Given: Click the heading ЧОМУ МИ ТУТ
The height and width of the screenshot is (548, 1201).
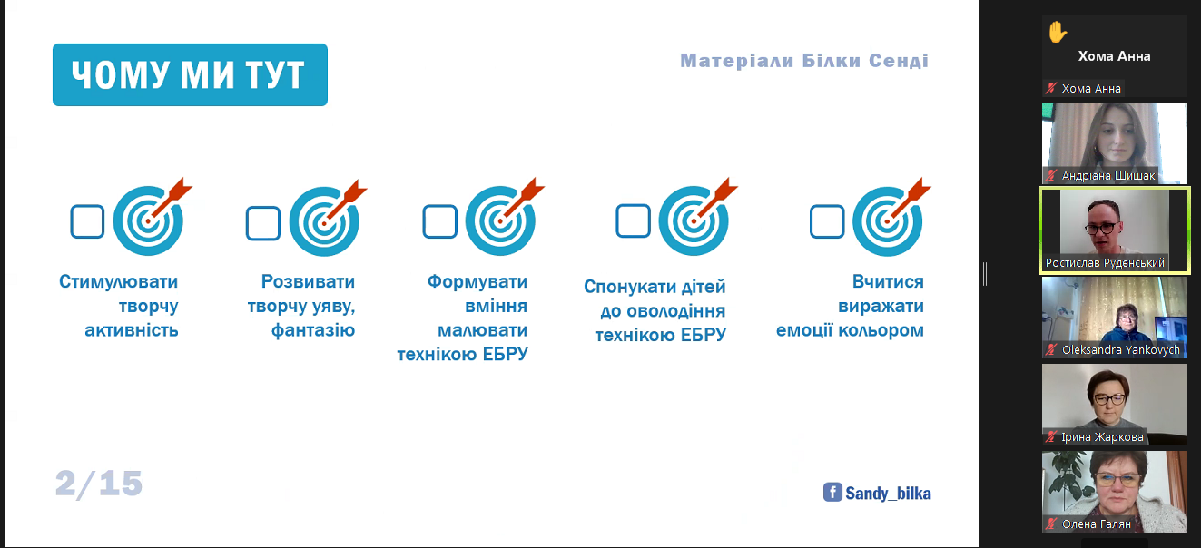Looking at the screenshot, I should pyautogui.click(x=190, y=75).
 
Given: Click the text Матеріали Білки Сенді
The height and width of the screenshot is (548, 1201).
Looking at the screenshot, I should pyautogui.click(x=804, y=62).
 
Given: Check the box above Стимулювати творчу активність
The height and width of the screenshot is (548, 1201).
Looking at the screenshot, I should pyautogui.click(x=87, y=221).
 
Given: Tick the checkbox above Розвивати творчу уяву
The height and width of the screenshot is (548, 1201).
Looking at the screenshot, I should pyautogui.click(x=262, y=222).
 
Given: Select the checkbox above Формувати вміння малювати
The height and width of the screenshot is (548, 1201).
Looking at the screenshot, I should pyautogui.click(x=439, y=220).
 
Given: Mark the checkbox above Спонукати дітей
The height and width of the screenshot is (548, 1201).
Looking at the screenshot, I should pyautogui.click(x=633, y=220).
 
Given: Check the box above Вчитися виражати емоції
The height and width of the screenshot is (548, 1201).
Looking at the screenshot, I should pyautogui.click(x=826, y=220).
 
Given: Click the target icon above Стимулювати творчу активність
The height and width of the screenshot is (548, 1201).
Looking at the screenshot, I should pyautogui.click(x=148, y=220).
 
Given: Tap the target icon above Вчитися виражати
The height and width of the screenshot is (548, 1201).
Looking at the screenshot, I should pyautogui.click(x=887, y=220).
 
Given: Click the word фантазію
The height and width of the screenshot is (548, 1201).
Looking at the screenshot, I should pyautogui.click(x=313, y=330).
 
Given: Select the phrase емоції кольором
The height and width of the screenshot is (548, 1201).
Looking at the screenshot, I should pyautogui.click(x=850, y=330).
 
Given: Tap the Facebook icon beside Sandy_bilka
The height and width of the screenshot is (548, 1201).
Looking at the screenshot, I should pyautogui.click(x=832, y=493).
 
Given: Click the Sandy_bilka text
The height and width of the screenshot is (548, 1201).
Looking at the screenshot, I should pyautogui.click(x=888, y=494).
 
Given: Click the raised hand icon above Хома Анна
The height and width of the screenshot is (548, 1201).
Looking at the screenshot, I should pyautogui.click(x=1057, y=33).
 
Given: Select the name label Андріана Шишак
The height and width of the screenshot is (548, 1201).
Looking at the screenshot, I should pyautogui.click(x=1107, y=176).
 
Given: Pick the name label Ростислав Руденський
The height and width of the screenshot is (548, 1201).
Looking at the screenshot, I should pyautogui.click(x=1105, y=263).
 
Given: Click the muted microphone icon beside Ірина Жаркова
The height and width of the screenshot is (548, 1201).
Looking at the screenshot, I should pyautogui.click(x=1051, y=437).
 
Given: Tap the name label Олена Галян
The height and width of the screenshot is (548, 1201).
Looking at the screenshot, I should pyautogui.click(x=1096, y=524).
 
